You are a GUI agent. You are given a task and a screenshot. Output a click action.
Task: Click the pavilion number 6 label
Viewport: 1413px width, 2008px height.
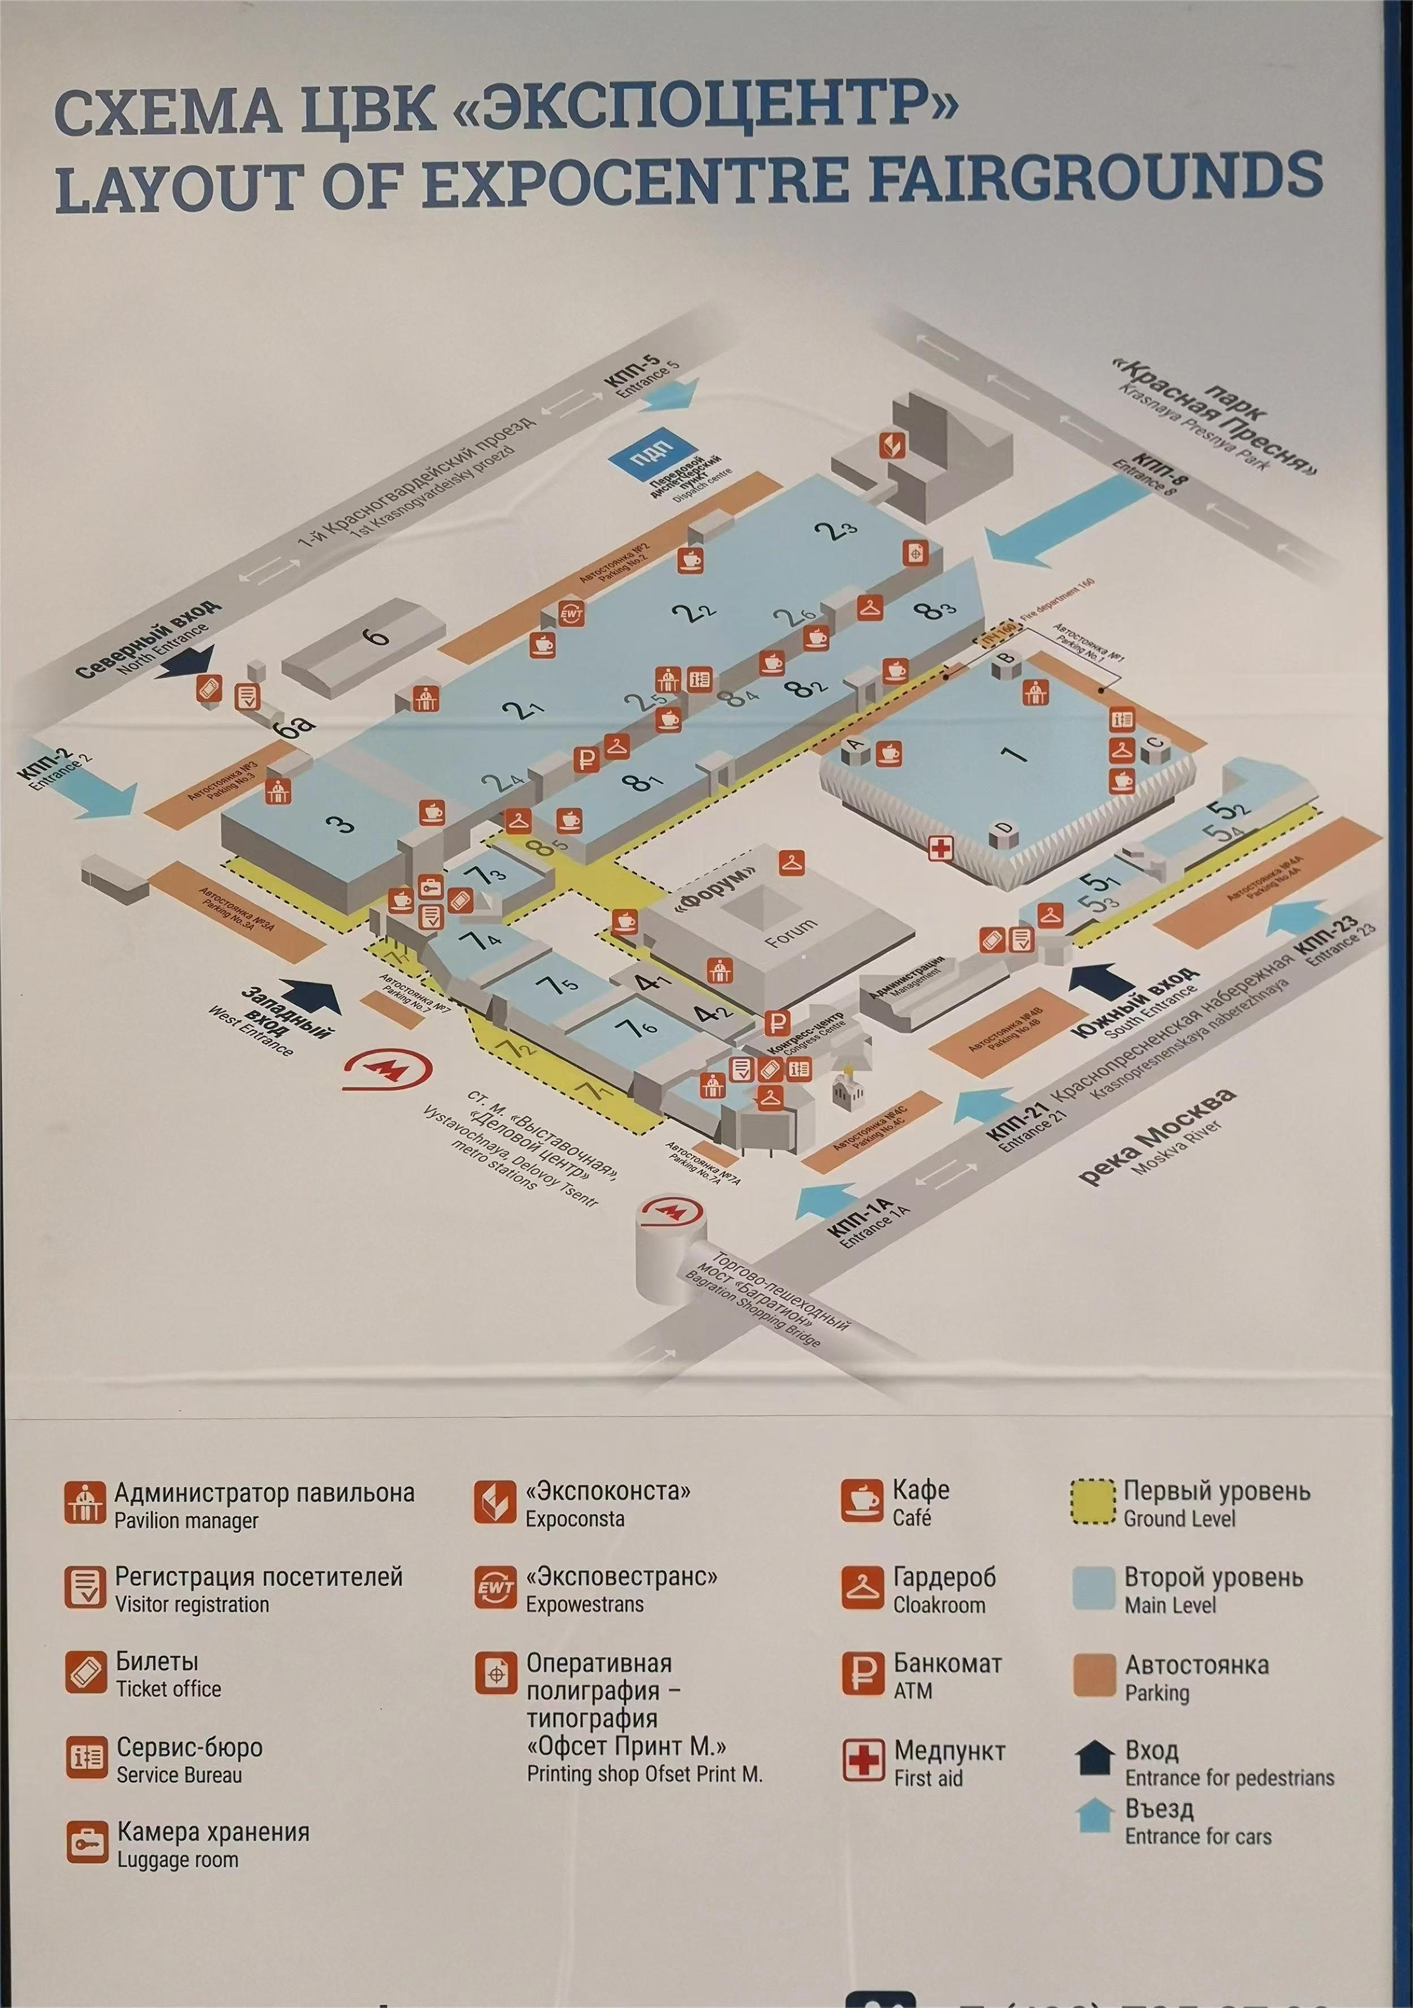coord(377,636)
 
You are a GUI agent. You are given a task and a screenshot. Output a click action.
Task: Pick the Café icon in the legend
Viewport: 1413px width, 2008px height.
coord(861,1502)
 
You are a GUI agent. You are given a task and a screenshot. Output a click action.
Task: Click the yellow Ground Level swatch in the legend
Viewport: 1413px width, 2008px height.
coord(1093,1502)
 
